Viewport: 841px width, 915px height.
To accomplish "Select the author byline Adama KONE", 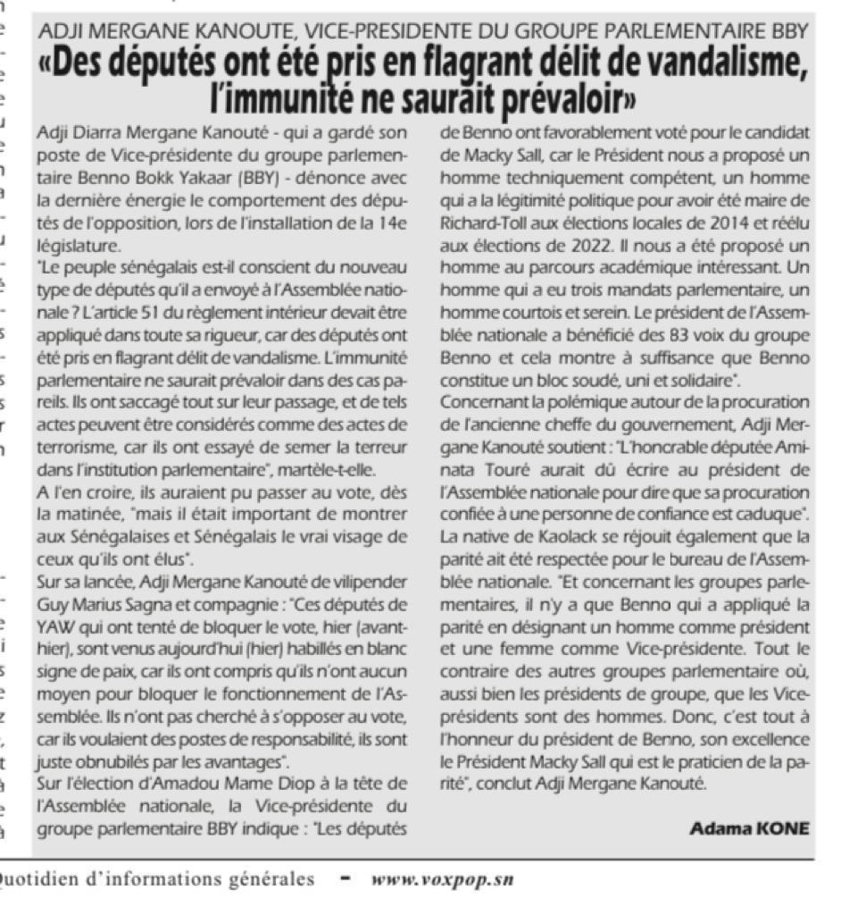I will (749, 828).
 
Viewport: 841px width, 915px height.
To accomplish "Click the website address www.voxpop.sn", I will (442, 879).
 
